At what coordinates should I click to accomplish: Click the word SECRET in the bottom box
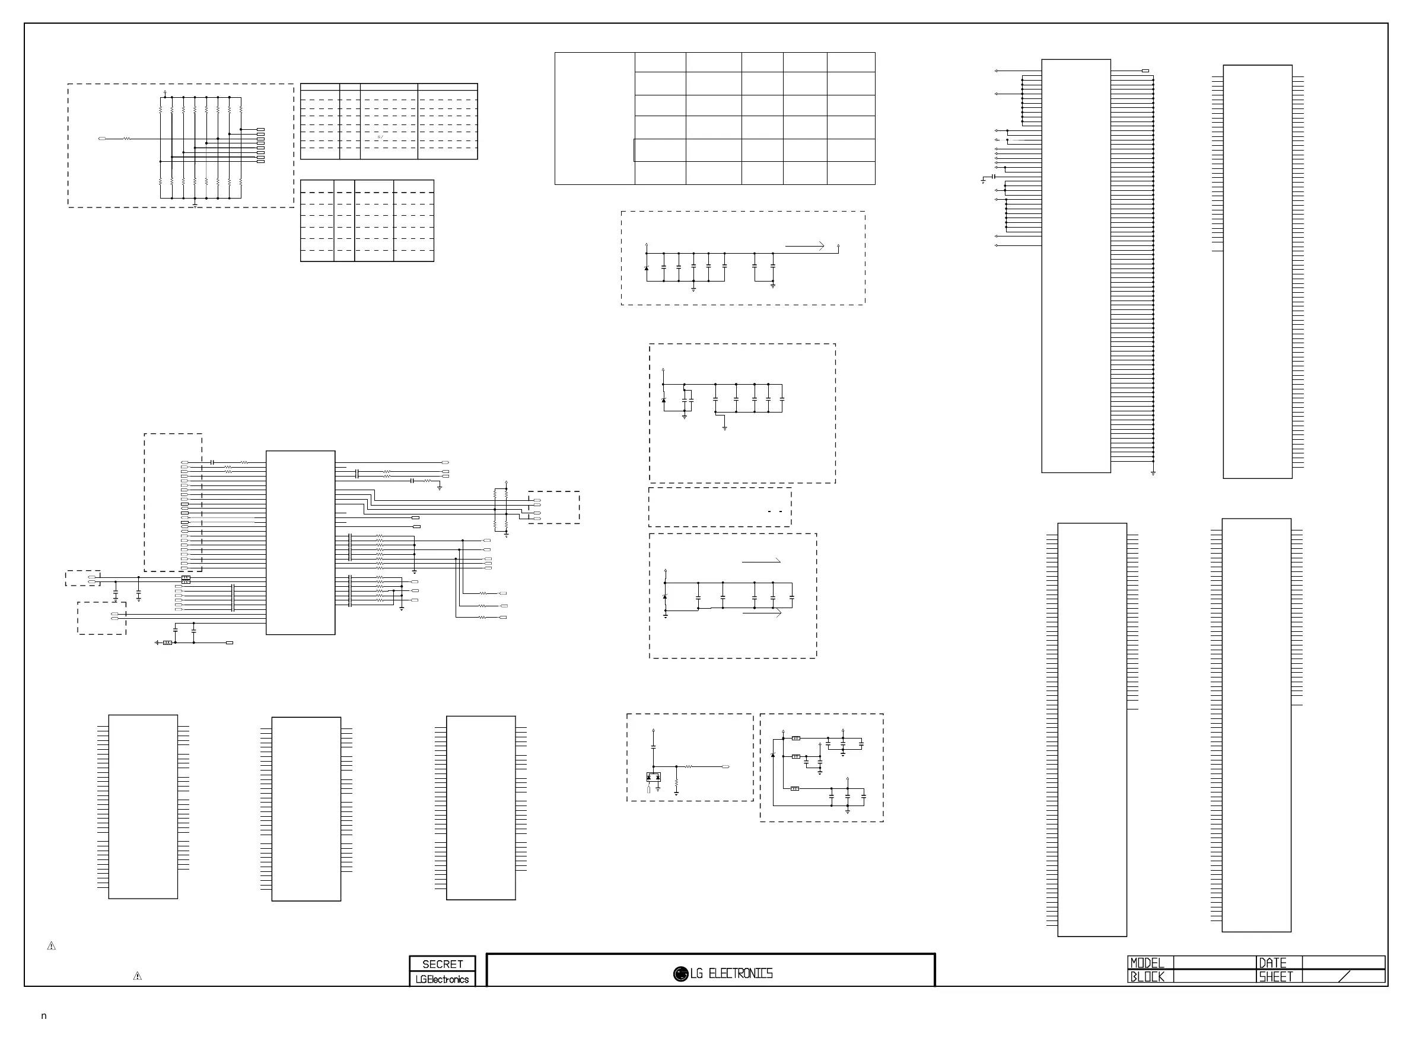pos(442,964)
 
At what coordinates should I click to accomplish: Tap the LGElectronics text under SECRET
pos(442,979)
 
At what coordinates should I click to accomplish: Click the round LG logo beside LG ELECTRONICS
pos(680,974)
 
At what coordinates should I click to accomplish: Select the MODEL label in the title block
pos(1147,963)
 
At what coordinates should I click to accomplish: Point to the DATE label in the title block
pos(1272,963)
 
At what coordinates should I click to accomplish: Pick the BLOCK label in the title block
pos(1147,976)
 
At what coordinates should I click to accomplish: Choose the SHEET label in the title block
pos(1275,976)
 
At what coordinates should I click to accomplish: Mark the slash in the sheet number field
pos(1344,976)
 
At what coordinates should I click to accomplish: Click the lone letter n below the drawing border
pos(43,1015)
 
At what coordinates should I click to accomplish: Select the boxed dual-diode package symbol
pos(653,777)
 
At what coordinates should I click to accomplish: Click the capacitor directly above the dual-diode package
pos(653,747)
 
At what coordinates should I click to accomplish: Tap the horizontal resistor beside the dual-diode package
pos(689,766)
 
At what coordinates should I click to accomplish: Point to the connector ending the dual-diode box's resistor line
pos(725,766)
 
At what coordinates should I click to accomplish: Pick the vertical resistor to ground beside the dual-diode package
pos(676,785)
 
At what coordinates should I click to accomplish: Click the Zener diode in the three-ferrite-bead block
pos(773,755)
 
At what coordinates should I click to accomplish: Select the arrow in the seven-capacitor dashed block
pos(804,246)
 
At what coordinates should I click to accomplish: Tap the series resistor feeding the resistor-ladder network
pos(127,139)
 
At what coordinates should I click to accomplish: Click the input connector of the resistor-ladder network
pos(102,139)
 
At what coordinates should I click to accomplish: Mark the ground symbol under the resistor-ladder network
pos(195,205)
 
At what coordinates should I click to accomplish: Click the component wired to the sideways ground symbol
pos(167,643)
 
